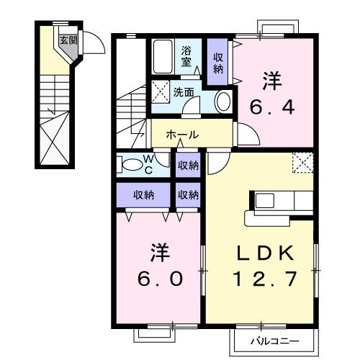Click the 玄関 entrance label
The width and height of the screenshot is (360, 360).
pyautogui.click(x=68, y=41)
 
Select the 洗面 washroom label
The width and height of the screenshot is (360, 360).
pyautogui.click(x=184, y=91)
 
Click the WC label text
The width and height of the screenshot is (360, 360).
pyautogui.click(x=147, y=163)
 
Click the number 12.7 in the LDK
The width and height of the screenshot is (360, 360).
pyautogui.click(x=263, y=279)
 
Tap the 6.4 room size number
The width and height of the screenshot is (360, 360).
pyautogui.click(x=271, y=107)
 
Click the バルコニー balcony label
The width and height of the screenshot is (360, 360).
pyautogui.click(x=274, y=339)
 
